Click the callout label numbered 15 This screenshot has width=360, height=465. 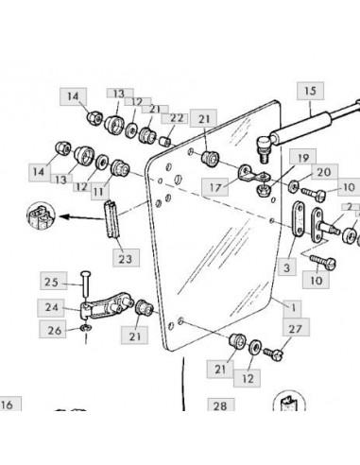tap(310, 91)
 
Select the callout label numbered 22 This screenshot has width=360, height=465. tap(176, 118)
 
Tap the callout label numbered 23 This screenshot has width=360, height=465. tap(126, 258)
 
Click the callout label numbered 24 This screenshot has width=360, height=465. tap(51, 308)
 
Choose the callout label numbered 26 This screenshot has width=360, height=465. tap(53, 330)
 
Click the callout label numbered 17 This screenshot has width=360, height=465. tap(214, 187)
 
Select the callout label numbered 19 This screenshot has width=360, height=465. tap(303, 158)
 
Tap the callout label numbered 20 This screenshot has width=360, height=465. tap(325, 172)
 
